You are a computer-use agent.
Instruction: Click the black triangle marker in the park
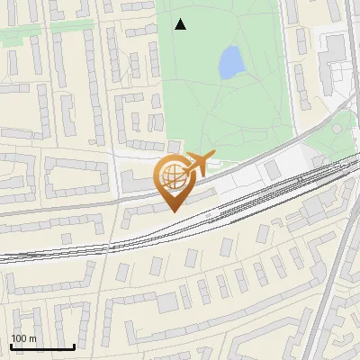click(181, 24)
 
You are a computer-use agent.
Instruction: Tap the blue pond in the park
click(231, 62)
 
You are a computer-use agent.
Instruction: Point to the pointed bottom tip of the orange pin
click(173, 211)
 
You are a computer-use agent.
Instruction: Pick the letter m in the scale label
click(33, 337)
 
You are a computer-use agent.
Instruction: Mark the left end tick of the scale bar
click(11, 345)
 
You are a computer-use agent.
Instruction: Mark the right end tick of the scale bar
click(74, 345)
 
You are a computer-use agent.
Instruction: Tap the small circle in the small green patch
click(338, 128)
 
